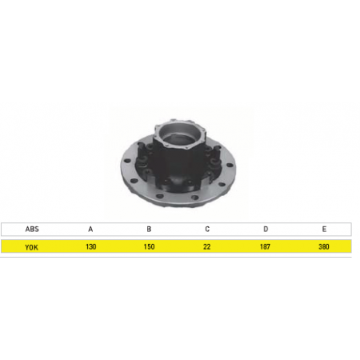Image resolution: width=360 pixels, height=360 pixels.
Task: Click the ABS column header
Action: tap(32, 229)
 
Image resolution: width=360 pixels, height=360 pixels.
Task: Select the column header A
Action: tap(90, 229)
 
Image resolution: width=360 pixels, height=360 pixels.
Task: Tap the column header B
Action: tap(149, 229)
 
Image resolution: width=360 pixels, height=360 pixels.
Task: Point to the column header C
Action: tap(207, 229)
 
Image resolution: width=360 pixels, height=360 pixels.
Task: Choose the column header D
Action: tap(266, 229)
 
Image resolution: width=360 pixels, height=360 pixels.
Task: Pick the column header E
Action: tap(324, 229)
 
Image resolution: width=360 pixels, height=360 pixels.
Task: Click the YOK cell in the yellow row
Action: tap(31, 247)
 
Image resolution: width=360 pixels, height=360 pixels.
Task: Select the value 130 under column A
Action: tap(90, 246)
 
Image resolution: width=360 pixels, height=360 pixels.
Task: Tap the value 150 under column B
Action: tap(149, 246)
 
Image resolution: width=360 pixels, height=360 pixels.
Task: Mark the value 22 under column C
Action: tap(207, 246)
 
